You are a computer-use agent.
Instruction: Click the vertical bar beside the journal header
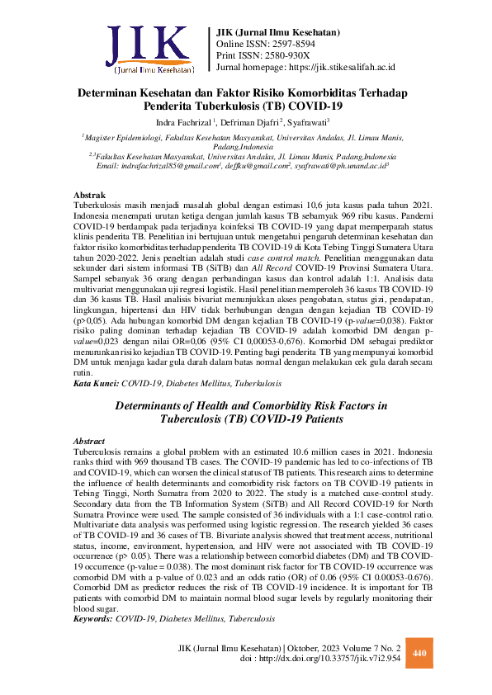coord(210,50)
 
